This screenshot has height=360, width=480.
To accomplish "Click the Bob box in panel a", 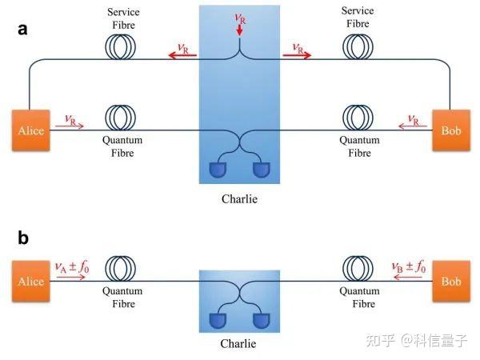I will click(x=450, y=130).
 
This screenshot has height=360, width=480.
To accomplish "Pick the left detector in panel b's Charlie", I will click(x=218, y=321).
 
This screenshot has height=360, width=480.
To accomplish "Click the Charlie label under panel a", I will click(x=239, y=195).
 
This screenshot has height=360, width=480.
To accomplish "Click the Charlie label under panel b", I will click(x=239, y=345).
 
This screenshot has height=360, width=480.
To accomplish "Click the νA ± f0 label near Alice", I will click(x=71, y=266).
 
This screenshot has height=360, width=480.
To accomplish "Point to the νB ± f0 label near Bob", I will click(x=408, y=266).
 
